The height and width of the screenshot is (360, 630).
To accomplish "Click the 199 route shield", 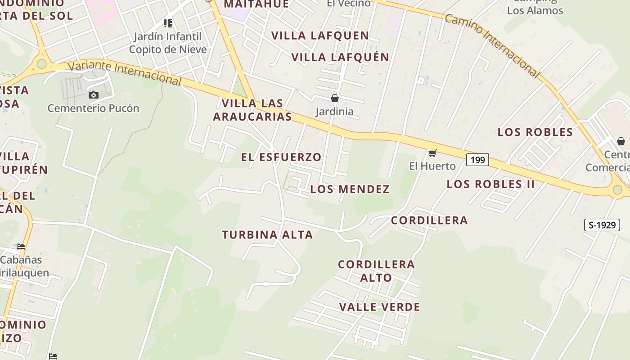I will point(477,159).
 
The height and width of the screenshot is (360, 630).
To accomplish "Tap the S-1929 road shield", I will point(602,225).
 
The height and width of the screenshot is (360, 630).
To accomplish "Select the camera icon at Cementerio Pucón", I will point(94,95).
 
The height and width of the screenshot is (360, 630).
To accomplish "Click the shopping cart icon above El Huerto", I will point(432,153).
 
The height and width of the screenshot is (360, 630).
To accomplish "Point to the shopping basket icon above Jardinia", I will point(334,98).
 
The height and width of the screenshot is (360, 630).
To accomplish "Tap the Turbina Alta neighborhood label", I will point(267,235).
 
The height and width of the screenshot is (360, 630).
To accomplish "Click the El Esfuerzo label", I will point(281,157).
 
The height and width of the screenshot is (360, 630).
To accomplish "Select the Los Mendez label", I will point(350,189).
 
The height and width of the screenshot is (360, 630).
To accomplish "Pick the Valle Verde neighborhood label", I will point(379,307).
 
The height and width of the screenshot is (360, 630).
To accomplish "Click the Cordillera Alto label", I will point(376,271).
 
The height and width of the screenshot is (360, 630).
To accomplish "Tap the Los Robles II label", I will point(490,184).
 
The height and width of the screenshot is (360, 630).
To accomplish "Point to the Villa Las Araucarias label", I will point(252,110).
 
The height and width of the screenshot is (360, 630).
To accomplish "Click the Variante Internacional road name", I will point(125,73).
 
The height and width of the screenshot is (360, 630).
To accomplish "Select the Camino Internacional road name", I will point(491,45).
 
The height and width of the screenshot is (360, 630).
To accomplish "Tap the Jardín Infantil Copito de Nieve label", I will point(168,43).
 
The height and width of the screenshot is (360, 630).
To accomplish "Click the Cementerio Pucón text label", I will point(94,108).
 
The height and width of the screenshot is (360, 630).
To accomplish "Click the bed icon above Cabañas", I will point(21,247).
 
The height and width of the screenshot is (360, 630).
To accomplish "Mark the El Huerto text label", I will point(432,166).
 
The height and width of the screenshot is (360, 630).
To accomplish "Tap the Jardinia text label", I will point(334,111).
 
